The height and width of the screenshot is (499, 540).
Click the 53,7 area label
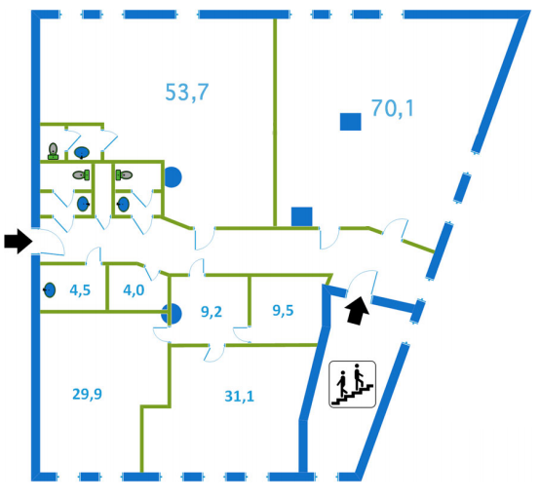click(x=187, y=92)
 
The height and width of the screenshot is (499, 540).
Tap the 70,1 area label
click(x=392, y=108)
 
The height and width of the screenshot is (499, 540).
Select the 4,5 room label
click(x=80, y=290)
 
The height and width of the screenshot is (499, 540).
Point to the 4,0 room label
click(x=134, y=290)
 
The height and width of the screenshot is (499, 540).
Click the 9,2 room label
click(x=212, y=312)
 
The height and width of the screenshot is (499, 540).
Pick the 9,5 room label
click(x=283, y=310)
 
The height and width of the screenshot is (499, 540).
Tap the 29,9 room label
click(x=87, y=394)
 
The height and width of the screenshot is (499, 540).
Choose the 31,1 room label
click(x=240, y=396)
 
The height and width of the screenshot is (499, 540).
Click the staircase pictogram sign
click(x=352, y=384)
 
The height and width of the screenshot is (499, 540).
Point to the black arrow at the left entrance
click(x=19, y=241)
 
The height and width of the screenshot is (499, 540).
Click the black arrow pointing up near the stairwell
click(x=358, y=310)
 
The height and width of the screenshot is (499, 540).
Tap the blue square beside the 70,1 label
click(x=351, y=122)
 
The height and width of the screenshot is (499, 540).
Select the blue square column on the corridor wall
click(x=302, y=216)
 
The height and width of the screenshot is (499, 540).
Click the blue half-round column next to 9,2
click(x=175, y=314)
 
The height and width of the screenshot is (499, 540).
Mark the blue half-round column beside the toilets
click(x=173, y=177)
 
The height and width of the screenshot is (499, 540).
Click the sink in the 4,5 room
click(x=50, y=290)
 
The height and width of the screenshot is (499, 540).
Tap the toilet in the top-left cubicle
click(x=53, y=151)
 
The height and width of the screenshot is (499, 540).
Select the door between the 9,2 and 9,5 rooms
click(x=243, y=333)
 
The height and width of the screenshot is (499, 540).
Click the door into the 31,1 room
click(x=215, y=352)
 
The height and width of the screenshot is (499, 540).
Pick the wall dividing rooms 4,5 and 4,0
click(x=107, y=288)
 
